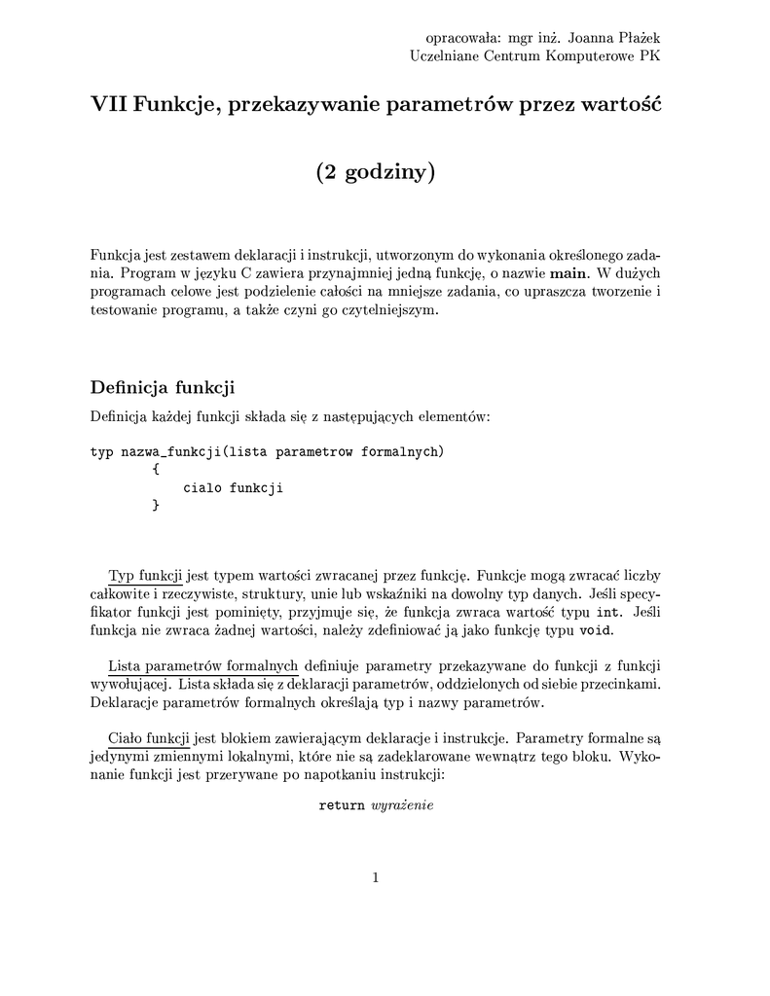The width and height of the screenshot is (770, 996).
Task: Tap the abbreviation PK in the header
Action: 649,56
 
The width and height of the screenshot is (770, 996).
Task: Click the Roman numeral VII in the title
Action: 108,103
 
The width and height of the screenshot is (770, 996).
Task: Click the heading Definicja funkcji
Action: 163,387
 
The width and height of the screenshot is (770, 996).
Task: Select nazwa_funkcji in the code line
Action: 171,452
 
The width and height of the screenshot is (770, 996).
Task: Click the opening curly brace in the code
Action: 156,470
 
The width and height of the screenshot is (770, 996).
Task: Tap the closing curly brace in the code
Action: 156,505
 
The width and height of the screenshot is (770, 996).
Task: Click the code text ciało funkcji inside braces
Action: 233,488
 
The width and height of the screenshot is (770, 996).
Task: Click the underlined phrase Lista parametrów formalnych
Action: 202,666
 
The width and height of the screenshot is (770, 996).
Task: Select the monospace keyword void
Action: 595,630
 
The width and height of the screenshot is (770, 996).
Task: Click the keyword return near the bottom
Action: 342,806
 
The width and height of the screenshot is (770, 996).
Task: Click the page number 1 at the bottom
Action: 376,878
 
